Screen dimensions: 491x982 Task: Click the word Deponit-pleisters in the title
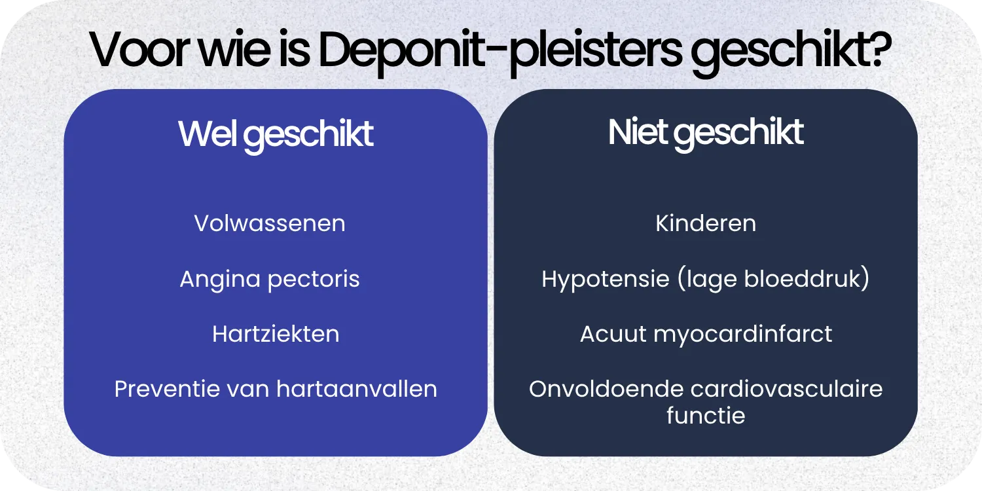tap(500, 51)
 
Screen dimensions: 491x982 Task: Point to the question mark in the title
tap(880, 50)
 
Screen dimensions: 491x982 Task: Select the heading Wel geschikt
tap(276, 134)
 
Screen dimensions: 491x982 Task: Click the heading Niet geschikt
tap(706, 133)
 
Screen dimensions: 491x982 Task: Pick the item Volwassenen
tap(270, 224)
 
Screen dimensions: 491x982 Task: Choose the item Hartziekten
tap(276, 335)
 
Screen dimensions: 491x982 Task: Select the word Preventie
tap(166, 390)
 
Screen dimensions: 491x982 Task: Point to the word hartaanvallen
tap(357, 390)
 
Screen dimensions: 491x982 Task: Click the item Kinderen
tap(706, 224)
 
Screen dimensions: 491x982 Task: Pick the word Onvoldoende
tap(606, 390)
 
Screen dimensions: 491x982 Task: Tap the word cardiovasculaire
tap(787, 390)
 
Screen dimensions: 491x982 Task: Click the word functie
tap(706, 416)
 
